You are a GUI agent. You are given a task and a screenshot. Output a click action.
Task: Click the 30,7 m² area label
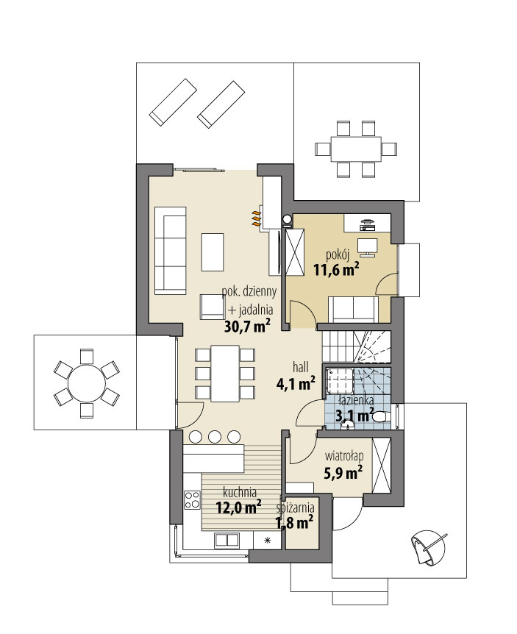point(246,326)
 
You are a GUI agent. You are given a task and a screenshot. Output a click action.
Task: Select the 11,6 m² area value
point(336,270)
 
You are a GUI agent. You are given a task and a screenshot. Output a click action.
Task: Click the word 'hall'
point(301,367)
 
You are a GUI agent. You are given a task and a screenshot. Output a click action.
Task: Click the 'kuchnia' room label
point(240,492)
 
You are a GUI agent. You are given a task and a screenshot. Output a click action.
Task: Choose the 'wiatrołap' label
point(344,457)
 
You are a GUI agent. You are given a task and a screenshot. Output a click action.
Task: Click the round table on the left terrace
point(87,383)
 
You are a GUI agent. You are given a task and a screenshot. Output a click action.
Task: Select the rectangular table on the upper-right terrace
point(356,149)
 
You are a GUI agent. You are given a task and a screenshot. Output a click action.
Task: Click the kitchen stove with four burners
point(192,499)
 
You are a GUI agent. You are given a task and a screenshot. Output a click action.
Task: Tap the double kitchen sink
point(227,541)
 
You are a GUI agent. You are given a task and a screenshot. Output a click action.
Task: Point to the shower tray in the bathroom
point(339,380)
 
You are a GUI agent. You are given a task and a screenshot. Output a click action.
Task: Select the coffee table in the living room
point(213,252)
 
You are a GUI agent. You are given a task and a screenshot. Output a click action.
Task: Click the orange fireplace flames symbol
point(255,218)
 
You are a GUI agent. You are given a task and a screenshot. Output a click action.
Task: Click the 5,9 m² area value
point(343,472)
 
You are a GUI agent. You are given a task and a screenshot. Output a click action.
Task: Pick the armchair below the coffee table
point(213,307)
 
